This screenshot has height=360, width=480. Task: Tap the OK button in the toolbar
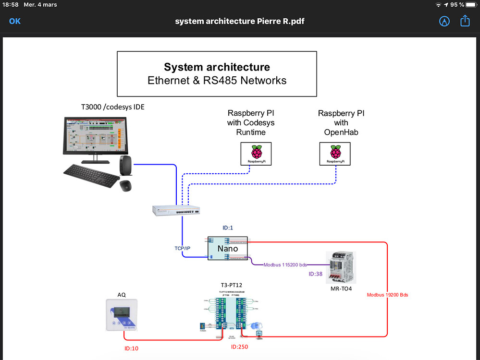click(x=15, y=21)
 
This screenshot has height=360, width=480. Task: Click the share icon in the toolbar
click(x=465, y=21)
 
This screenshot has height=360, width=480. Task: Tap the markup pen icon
click(x=444, y=21)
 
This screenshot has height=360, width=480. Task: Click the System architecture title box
click(x=217, y=74)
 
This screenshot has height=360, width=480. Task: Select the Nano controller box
click(x=227, y=249)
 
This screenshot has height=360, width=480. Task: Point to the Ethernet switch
click(x=176, y=210)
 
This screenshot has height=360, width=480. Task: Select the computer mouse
click(x=126, y=185)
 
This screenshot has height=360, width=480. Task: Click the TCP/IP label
click(x=182, y=248)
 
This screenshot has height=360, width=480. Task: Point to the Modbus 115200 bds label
click(x=285, y=264)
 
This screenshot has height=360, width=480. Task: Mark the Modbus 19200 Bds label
click(x=387, y=295)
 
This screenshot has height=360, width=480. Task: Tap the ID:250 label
click(x=239, y=347)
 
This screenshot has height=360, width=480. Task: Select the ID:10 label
click(x=131, y=348)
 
